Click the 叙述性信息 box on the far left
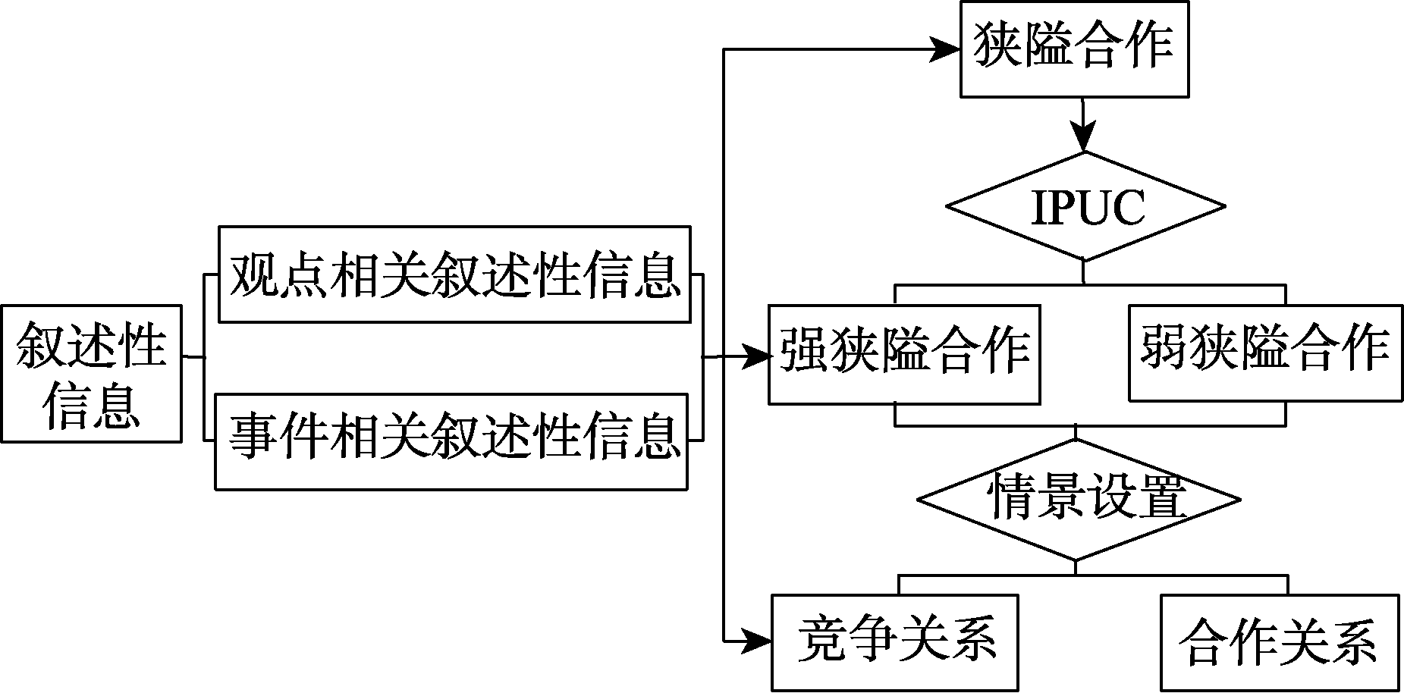pyautogui.click(x=91, y=373)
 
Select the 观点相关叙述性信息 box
pyautogui.click(x=454, y=274)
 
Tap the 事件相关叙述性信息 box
pyautogui.click(x=451, y=441)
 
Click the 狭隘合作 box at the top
pyautogui.click(x=1073, y=49)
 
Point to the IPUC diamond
pyautogui.click(x=1085, y=206)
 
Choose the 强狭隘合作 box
pyautogui.click(x=903, y=354)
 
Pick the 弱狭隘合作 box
pyautogui.click(x=1265, y=353)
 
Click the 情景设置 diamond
pyautogui.click(x=1078, y=500)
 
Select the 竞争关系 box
pyautogui.click(x=895, y=641)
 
